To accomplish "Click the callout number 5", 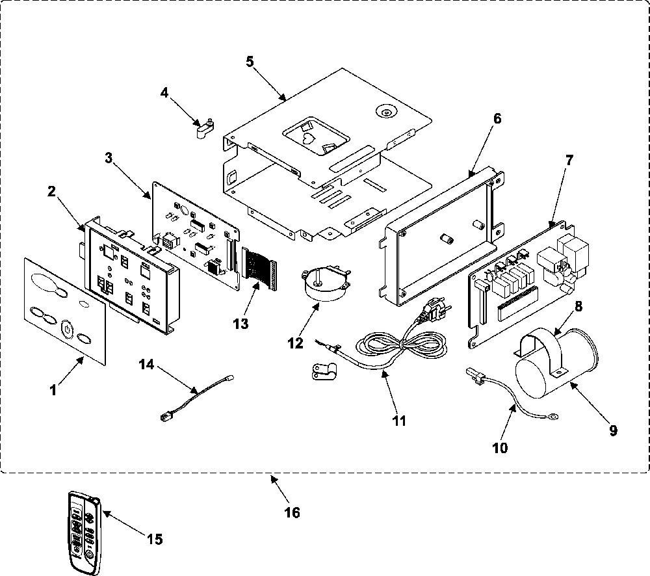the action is point(250,61).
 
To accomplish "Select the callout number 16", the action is point(292,512).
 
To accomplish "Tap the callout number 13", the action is point(240,323).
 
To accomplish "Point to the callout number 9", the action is point(613,430).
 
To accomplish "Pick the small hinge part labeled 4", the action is point(204,129).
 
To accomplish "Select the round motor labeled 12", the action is point(326,283).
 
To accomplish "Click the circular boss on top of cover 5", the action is point(386,112).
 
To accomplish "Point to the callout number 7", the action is point(569,160).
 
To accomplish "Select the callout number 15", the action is point(154,539).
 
